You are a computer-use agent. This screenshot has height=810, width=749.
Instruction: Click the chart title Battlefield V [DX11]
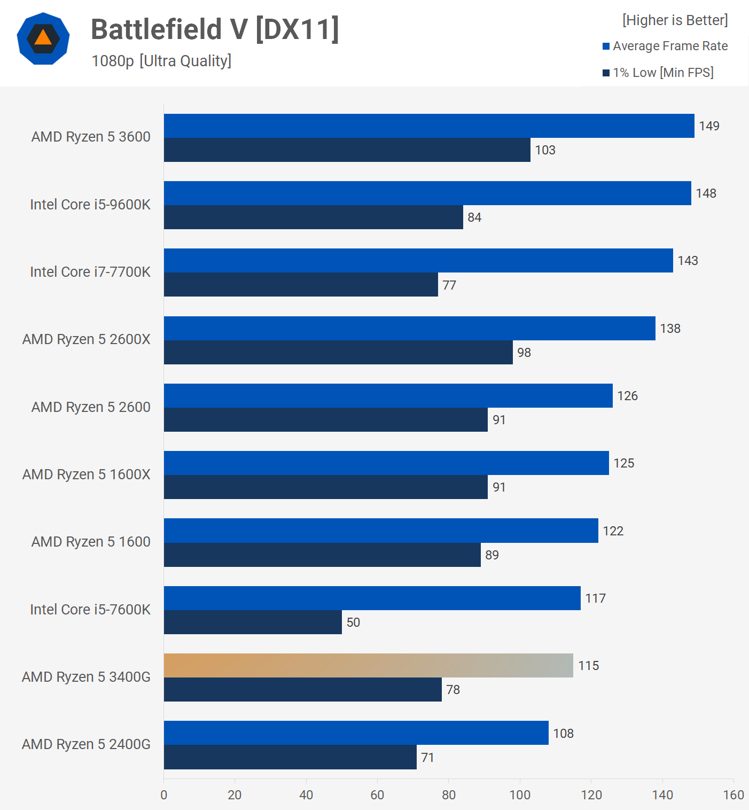(x=215, y=29)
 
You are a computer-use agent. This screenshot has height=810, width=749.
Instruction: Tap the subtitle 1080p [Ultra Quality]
(x=161, y=61)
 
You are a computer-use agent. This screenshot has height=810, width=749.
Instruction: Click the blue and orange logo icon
(x=43, y=38)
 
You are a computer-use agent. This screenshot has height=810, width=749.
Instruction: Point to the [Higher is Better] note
(x=675, y=20)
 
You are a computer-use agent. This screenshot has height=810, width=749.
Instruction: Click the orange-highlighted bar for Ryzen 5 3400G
(x=368, y=665)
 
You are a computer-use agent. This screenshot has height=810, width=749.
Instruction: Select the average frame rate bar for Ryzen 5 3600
(x=429, y=126)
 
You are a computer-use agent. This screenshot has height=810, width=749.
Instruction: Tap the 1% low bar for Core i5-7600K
(x=253, y=622)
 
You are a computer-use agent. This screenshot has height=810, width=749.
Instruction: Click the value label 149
(x=709, y=126)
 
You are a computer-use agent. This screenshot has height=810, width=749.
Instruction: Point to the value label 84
(x=474, y=217)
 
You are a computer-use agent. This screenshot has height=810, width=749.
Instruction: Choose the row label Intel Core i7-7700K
(x=90, y=272)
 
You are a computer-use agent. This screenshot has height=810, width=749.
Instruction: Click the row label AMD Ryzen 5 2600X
(x=87, y=339)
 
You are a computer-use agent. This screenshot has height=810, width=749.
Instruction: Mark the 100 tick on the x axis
(x=520, y=795)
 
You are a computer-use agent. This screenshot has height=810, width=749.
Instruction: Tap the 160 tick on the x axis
(x=734, y=795)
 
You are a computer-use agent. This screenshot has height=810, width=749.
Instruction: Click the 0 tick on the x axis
(x=164, y=795)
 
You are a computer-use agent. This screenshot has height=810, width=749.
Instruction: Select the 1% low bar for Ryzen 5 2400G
(x=290, y=757)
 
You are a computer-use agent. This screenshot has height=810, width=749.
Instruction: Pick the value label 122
(x=613, y=531)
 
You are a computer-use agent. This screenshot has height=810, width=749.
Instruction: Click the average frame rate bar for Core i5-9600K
(x=427, y=193)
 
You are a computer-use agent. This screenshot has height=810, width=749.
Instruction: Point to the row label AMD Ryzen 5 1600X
(x=87, y=474)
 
